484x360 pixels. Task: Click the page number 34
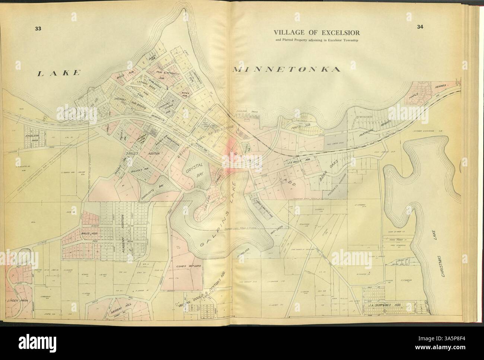point(420,26)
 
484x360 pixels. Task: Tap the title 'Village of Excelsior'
point(316,32)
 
